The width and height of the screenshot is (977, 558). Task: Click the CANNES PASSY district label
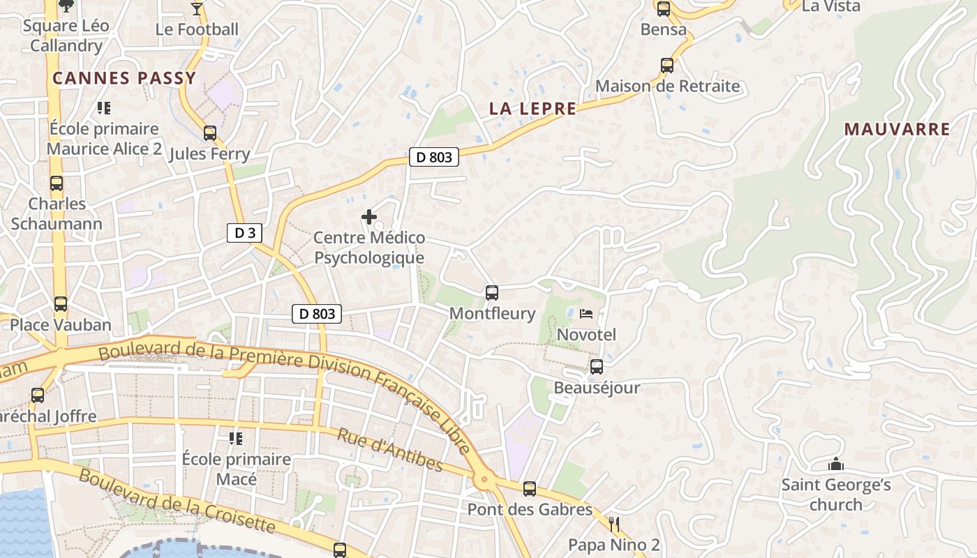pyautogui.click(x=124, y=78)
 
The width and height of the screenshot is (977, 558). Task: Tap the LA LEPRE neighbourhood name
pyautogui.click(x=533, y=109)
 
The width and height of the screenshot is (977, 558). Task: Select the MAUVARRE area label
pyautogui.click(x=897, y=129)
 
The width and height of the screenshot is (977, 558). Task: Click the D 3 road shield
pyautogui.click(x=244, y=233)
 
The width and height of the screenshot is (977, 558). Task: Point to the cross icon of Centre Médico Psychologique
pyautogui.click(x=369, y=217)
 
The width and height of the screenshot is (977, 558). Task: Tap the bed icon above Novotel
pyautogui.click(x=586, y=314)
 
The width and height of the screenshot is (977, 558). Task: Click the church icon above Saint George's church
pyautogui.click(x=835, y=464)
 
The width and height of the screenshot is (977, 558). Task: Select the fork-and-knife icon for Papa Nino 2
pyautogui.click(x=614, y=524)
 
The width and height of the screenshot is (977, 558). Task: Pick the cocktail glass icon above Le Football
pyautogui.click(x=197, y=9)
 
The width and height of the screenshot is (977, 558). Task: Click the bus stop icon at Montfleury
pyautogui.click(x=492, y=293)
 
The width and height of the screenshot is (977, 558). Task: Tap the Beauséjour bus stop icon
pyautogui.click(x=597, y=367)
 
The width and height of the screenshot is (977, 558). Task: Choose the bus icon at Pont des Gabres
pyautogui.click(x=530, y=489)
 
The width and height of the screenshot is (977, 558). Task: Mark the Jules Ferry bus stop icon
pyautogui.click(x=210, y=133)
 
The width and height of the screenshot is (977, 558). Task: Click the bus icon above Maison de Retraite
pyautogui.click(x=667, y=66)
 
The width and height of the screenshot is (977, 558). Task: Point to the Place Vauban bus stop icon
pyautogui.click(x=61, y=304)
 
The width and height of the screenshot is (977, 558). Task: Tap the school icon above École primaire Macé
pyautogui.click(x=236, y=438)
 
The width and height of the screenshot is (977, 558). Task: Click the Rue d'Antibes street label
pyautogui.click(x=390, y=450)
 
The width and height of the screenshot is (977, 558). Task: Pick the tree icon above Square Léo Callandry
pyautogui.click(x=66, y=6)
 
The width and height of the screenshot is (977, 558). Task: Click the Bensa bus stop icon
pyautogui.click(x=663, y=9)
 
